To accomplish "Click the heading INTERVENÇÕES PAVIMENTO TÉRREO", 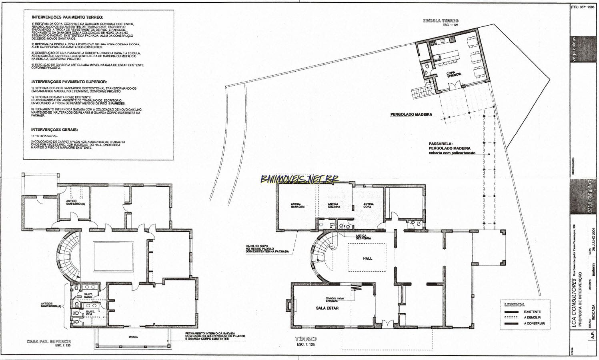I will [x=67, y=18].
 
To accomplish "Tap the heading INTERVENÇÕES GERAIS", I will [x=54, y=130].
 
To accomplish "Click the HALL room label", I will [x=367, y=258].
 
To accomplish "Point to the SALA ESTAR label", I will [x=327, y=308].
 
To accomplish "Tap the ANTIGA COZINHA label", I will [x=334, y=205].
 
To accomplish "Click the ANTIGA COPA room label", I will [x=369, y=205].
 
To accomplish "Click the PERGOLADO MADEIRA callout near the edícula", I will [x=411, y=114].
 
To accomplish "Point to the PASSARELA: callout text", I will [x=441, y=143].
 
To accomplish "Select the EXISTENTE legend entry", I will [x=532, y=312].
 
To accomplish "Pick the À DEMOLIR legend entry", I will [x=533, y=318].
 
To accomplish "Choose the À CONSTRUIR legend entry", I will [x=534, y=324].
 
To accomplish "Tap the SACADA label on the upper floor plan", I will [x=133, y=337].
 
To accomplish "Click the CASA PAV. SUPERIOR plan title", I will [x=48, y=342].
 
